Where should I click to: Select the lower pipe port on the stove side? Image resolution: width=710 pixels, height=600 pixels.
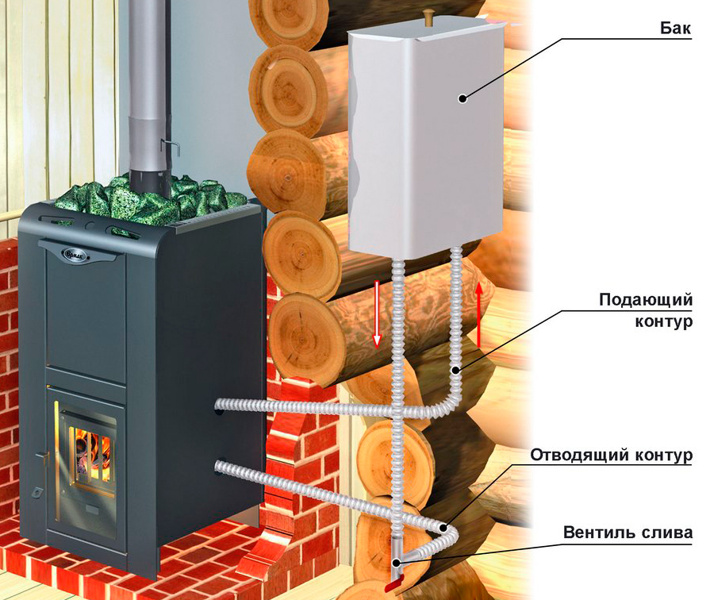coord(220,467)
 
